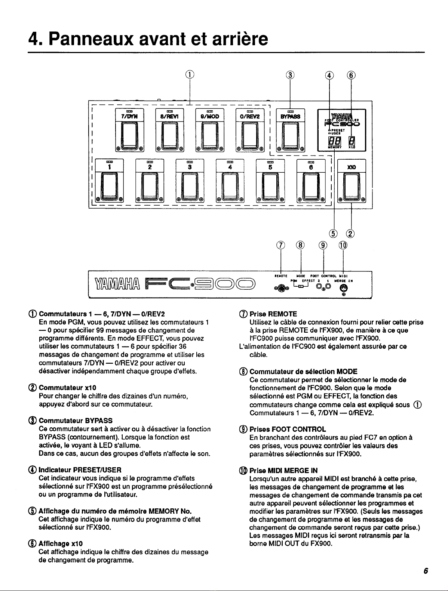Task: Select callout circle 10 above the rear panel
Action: [343, 245]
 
